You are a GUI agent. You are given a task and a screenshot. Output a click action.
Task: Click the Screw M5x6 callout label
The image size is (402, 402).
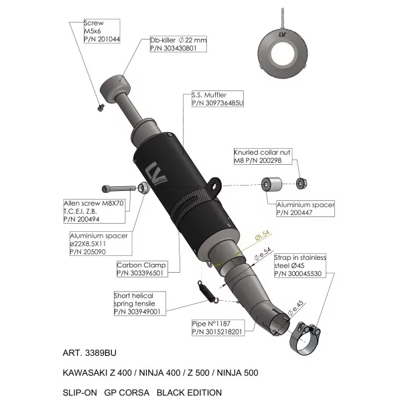tap(102, 31)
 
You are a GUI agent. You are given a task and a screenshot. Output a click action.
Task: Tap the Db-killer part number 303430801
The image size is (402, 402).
tap(174, 48)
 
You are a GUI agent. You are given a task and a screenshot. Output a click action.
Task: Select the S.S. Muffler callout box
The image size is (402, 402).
tap(218, 98)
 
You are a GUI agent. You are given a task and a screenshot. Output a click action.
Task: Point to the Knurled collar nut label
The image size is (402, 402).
tap(263, 156)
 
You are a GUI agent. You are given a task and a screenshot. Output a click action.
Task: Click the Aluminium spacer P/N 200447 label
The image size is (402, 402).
tap(306, 208)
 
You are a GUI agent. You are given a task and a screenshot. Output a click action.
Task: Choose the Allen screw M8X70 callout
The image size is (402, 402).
tap(94, 211)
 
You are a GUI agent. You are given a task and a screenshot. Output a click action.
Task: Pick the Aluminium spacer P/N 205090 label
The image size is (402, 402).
tap(101, 244)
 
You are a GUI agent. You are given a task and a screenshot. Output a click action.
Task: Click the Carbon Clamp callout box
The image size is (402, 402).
tap(142, 269)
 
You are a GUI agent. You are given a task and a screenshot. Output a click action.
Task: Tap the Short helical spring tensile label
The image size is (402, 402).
tap(140, 304)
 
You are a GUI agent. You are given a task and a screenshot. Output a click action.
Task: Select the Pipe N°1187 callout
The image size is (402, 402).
tap(218, 328)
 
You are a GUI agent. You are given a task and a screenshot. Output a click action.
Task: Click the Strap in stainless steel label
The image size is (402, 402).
tap(300, 265)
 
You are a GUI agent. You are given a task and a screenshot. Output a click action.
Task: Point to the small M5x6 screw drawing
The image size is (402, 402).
tap(100, 107)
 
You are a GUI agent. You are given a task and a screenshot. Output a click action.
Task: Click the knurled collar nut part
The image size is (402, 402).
tap(301, 184)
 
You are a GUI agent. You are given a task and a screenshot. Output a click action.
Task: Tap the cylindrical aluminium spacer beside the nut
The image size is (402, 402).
tap(271, 184)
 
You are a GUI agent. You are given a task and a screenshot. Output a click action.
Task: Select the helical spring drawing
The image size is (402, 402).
tap(208, 292)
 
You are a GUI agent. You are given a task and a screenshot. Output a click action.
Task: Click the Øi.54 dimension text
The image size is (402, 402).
tap(263, 235)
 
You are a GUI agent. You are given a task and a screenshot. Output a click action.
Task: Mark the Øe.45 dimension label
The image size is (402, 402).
tap(295, 308)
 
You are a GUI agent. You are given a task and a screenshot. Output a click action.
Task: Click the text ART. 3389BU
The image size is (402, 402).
tap(90, 353)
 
